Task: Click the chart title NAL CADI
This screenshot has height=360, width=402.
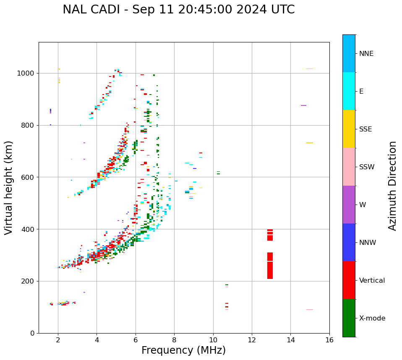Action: point(178,10)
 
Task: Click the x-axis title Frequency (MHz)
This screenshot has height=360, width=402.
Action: point(183,350)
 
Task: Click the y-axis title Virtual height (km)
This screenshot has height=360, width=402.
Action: point(9,187)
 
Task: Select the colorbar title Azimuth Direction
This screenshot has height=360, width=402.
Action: point(392,185)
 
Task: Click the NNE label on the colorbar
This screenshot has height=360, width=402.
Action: point(366,54)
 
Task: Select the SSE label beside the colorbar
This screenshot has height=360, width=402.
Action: point(365,129)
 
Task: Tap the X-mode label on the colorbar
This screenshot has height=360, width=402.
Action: point(372,318)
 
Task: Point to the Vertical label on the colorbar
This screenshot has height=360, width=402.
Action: point(372,281)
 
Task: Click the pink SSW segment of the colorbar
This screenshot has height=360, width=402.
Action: point(349,167)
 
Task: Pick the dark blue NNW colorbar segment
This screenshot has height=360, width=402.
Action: point(349,242)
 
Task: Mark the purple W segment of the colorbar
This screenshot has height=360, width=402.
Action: point(349,205)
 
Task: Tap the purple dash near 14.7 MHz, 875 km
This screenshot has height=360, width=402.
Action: point(303,105)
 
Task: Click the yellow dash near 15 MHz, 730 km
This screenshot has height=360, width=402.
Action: point(310,143)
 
